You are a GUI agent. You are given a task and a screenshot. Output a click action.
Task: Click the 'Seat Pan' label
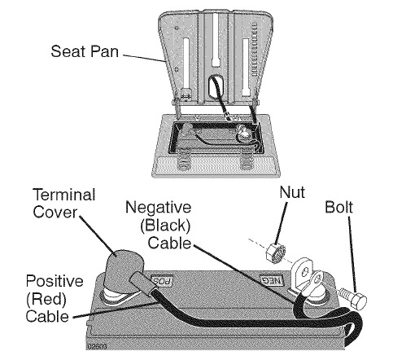click(85, 51)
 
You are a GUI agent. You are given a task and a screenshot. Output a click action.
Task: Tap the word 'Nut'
click(292, 192)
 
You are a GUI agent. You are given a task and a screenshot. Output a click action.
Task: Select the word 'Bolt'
click(338, 207)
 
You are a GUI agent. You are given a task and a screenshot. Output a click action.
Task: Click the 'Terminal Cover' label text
click(64, 204)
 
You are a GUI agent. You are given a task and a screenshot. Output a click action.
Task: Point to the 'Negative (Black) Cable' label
click(159, 225)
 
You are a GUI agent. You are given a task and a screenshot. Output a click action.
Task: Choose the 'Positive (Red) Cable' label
click(55, 299)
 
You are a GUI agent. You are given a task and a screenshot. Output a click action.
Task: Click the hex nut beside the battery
click(276, 252)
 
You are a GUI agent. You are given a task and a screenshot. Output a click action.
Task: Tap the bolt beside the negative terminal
click(353, 298)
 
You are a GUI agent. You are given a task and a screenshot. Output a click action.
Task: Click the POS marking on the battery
click(162, 280)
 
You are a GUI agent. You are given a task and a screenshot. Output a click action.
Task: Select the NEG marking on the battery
click(272, 280)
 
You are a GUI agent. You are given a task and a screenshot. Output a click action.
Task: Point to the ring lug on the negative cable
click(317, 280)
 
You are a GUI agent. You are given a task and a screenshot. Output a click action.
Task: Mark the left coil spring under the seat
click(184, 162)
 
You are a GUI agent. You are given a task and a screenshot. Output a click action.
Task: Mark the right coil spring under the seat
click(247, 162)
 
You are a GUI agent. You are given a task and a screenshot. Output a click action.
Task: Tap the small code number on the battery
click(97, 346)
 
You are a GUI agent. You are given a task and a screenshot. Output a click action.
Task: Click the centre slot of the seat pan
click(216, 40)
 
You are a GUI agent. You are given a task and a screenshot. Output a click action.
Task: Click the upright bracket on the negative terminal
click(301, 274)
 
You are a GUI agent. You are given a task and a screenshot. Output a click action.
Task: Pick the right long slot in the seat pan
click(246, 67)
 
